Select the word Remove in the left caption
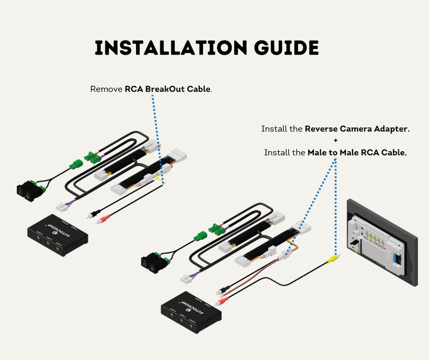click(x=106, y=89)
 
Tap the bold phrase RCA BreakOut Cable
click(x=167, y=89)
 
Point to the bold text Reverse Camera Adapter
click(x=357, y=129)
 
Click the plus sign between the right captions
click(x=335, y=141)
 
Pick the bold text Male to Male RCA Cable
click(x=357, y=153)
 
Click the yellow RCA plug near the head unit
click(x=334, y=257)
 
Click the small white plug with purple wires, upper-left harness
click(x=63, y=206)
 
